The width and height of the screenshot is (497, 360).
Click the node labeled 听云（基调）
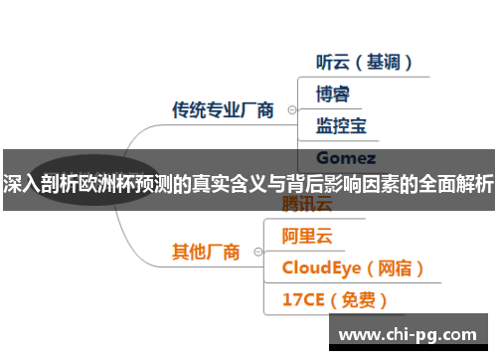point(364,62)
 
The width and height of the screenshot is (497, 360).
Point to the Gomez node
point(345,158)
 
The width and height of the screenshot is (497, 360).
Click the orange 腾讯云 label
point(307,205)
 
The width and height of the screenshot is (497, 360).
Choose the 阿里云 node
point(307,237)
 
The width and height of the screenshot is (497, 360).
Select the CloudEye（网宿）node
point(353,268)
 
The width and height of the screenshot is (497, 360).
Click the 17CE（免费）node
point(334,299)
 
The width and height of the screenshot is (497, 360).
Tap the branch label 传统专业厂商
point(223,110)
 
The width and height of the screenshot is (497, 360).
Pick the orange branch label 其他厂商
point(206,253)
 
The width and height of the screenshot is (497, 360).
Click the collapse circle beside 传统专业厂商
point(290,110)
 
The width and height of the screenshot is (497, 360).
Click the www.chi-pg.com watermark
point(408,333)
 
